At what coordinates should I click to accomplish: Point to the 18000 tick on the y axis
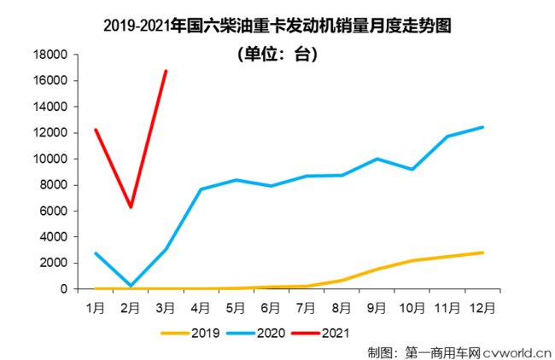click(x=50, y=55)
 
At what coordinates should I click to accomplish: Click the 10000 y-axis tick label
click(x=50, y=159)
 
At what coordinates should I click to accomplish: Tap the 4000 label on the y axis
click(x=54, y=237)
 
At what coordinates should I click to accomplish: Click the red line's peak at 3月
click(x=166, y=71)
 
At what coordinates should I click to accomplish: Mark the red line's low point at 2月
click(x=131, y=207)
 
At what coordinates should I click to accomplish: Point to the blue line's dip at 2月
click(x=131, y=285)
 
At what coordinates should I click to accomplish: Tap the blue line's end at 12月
click(x=482, y=127)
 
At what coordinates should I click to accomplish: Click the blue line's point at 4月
click(x=201, y=189)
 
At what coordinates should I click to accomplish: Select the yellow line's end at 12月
click(x=482, y=253)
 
